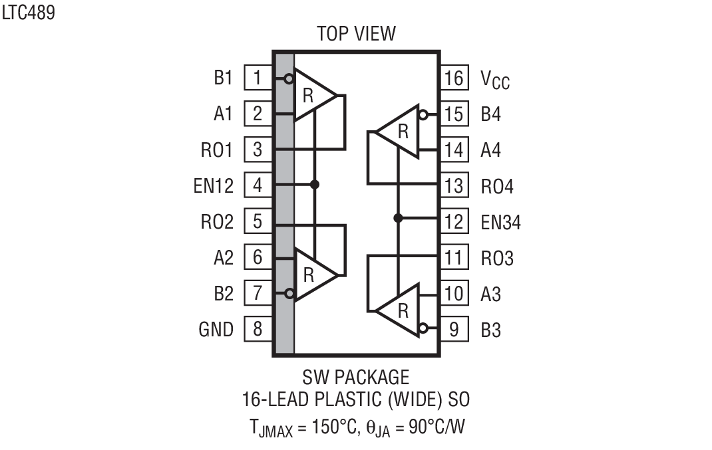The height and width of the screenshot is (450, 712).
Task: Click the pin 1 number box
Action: point(258,78)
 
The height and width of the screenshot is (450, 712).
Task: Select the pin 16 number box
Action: point(454,78)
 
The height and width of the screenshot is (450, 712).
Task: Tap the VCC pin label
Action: point(495,79)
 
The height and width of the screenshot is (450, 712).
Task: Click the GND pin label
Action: point(216,329)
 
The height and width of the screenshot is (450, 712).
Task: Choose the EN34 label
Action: point(500,221)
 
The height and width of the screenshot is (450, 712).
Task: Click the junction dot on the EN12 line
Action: point(315,184)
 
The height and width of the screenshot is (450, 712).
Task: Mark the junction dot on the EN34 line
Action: point(398,218)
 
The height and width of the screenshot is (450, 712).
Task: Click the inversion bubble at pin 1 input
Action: point(288,79)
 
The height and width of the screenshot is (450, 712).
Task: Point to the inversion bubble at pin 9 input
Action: point(423,328)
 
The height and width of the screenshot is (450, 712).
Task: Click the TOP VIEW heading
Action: point(356,33)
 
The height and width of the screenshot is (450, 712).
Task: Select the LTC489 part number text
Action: point(29,13)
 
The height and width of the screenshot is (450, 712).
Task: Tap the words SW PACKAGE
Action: point(356,378)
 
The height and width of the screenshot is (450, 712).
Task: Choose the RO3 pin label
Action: point(497,258)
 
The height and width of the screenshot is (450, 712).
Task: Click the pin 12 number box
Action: point(454,221)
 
